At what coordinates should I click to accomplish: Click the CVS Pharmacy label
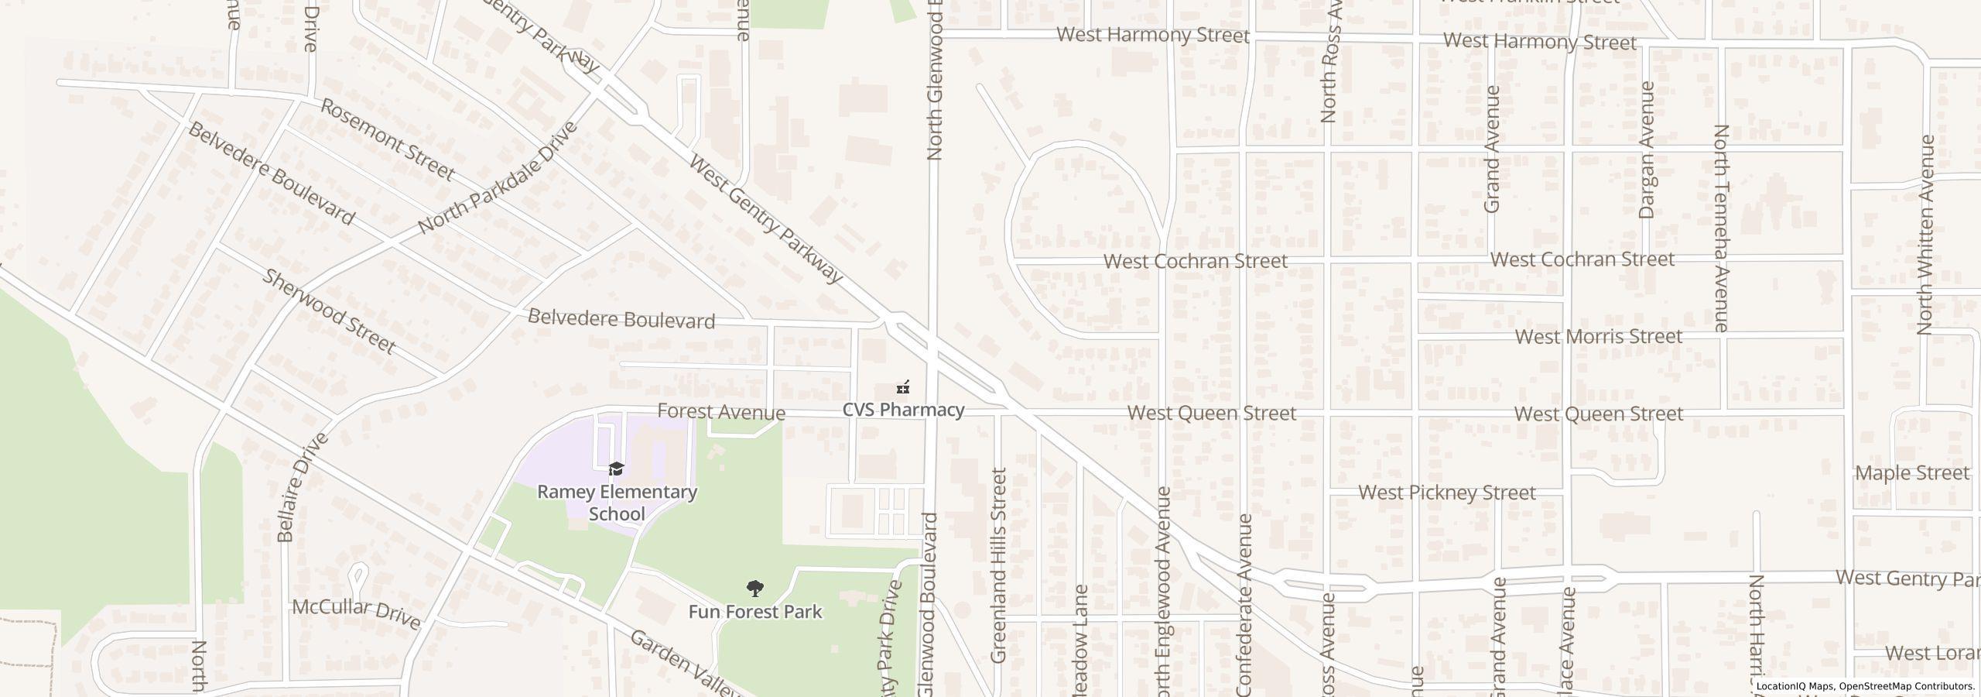coord(903,410)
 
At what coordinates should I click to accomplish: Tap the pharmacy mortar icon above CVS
coord(902,386)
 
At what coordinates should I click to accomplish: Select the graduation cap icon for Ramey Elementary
coord(616,469)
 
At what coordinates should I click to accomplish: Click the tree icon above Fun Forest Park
coord(754,589)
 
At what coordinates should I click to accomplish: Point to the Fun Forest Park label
coord(754,612)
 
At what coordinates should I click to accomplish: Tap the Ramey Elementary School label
coord(617,503)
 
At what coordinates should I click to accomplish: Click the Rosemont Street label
coord(387,140)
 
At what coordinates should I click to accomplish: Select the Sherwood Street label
coord(330,311)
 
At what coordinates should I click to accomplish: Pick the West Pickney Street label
coord(1446,493)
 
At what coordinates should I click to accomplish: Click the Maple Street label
coord(1911,473)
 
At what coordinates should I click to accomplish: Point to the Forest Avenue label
coord(720,412)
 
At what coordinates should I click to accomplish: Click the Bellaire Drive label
coord(300,487)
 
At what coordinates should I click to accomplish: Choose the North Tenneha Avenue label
coord(1721,228)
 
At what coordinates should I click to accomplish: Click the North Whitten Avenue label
coord(1926,235)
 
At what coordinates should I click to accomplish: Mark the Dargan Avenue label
coord(1646,151)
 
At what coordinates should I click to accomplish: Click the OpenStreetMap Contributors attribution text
coord(1906,686)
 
